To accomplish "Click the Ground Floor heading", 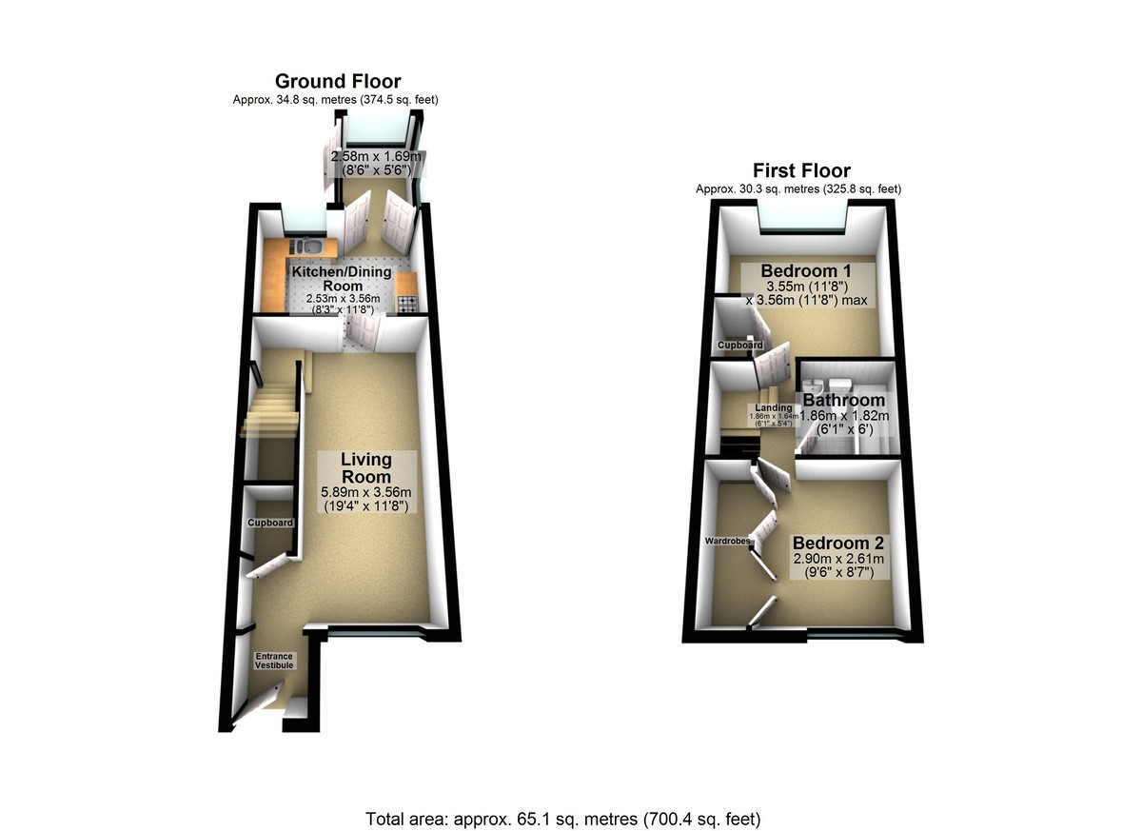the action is click(338, 81).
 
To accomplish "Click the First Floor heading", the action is click(801, 170).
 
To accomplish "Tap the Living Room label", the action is click(366, 468).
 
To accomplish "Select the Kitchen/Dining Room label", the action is click(342, 278).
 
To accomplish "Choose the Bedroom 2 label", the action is click(838, 543).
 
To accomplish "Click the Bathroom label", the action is click(844, 400).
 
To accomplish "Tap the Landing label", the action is click(774, 407).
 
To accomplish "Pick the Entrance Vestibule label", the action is click(274, 661).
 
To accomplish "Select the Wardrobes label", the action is click(727, 541).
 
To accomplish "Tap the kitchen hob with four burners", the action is click(408, 305).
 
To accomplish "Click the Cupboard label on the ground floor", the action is click(270, 523).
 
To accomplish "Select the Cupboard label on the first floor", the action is click(740, 346).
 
